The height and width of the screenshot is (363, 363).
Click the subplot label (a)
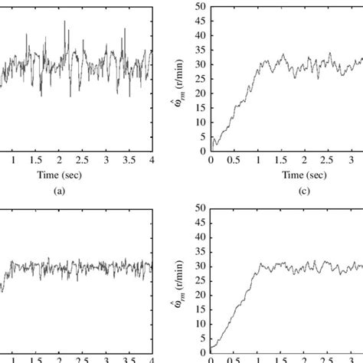[59, 192]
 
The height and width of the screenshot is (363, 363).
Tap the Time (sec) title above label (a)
[59, 175]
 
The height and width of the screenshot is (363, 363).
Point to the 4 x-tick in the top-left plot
[152, 161]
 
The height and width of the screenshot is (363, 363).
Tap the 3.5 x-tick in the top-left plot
[129, 161]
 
